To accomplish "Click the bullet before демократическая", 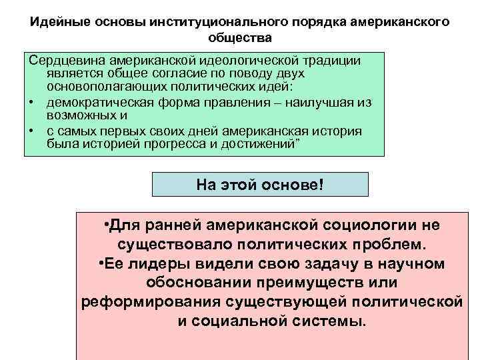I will click(x=31, y=102).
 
